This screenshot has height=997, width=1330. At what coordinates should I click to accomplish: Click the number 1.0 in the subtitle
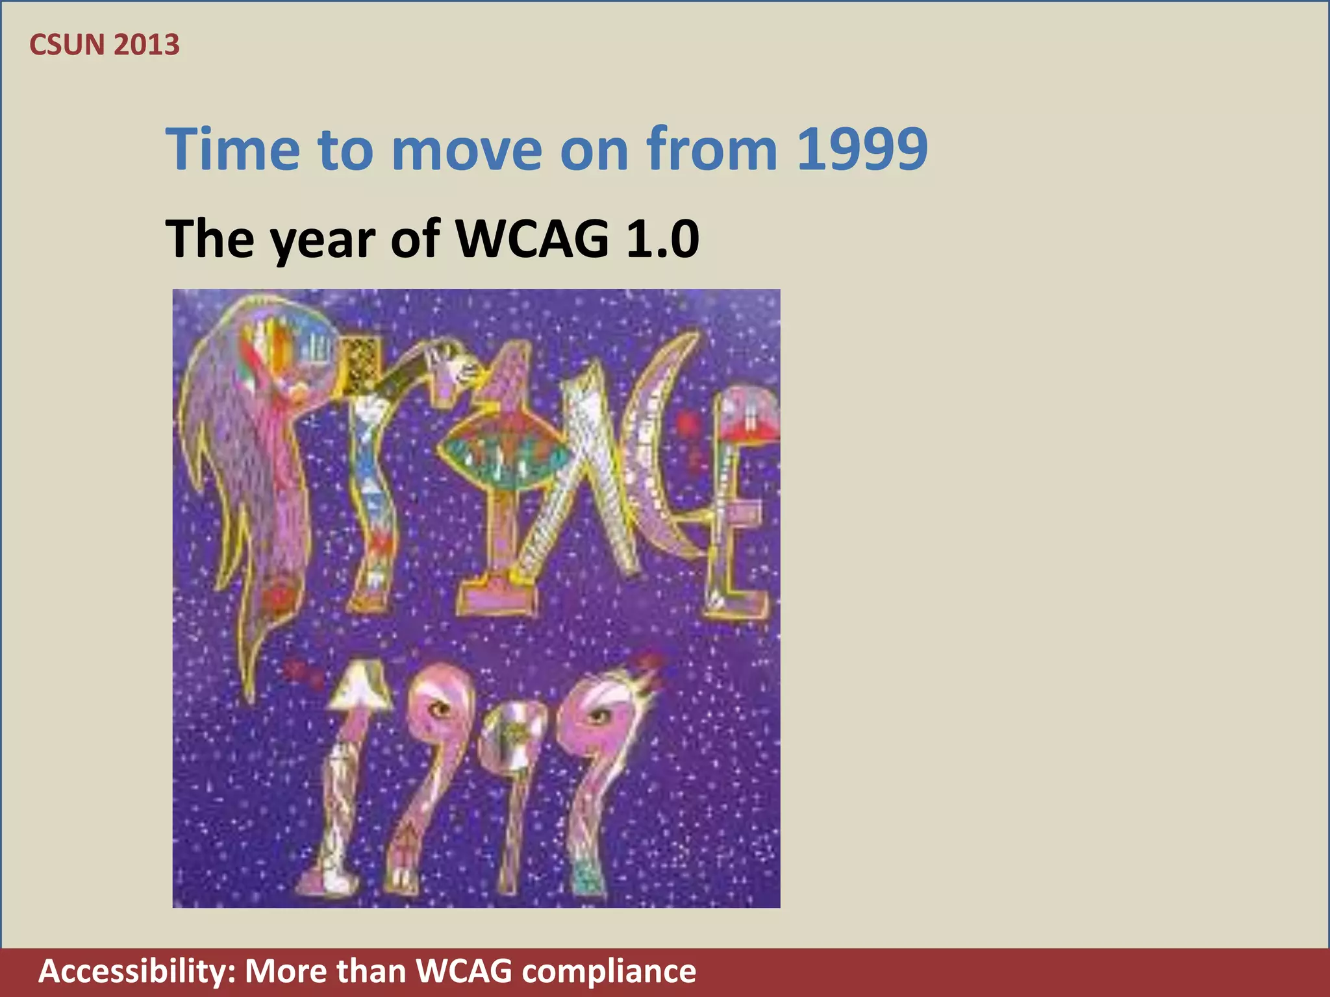click(x=662, y=239)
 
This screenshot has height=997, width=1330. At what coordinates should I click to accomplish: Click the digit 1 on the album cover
click(x=344, y=779)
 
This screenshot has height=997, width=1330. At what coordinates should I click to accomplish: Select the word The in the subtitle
click(x=210, y=239)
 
